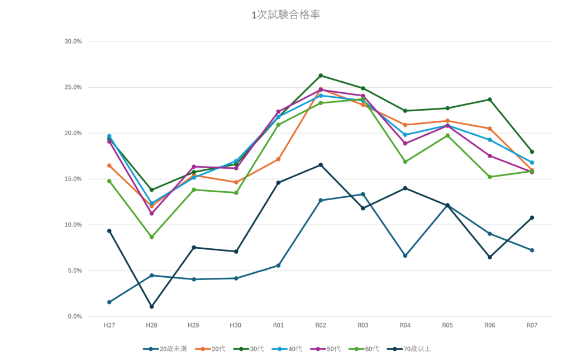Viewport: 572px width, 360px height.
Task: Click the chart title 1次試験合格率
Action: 285,16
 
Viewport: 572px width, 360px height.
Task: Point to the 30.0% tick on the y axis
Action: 73,41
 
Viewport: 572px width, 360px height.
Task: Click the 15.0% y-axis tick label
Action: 73,179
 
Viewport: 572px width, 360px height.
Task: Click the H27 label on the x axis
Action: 109,324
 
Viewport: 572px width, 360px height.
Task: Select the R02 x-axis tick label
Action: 321,324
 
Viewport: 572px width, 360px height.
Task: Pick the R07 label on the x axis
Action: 532,324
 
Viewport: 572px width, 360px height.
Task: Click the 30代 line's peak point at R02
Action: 321,75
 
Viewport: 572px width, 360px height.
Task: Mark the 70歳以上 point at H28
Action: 151,306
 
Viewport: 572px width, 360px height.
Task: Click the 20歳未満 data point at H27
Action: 109,302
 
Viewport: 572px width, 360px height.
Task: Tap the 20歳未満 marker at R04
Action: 405,256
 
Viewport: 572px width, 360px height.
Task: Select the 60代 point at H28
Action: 151,238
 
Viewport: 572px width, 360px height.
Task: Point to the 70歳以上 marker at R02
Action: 321,164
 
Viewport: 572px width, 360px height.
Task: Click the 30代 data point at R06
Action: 489,100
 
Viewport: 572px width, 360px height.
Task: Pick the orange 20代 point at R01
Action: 278,159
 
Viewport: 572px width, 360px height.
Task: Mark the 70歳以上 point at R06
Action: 489,257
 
